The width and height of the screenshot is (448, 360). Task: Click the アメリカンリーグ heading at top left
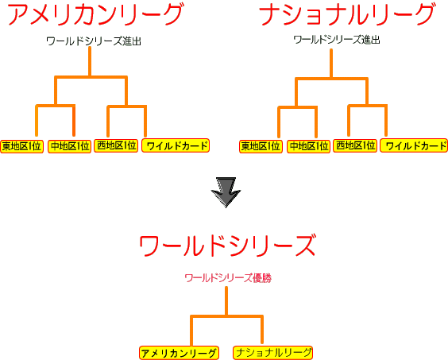point(95,14)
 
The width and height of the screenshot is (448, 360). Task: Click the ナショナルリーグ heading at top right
point(347,14)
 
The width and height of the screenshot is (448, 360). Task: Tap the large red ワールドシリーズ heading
point(228,246)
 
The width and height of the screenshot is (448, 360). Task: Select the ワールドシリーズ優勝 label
point(228,278)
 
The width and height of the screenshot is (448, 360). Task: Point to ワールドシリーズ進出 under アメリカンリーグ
point(94,41)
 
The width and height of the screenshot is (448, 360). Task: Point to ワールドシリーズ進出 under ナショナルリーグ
point(337,40)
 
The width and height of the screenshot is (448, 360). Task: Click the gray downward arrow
point(226,192)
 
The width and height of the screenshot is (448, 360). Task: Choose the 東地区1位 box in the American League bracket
point(21,146)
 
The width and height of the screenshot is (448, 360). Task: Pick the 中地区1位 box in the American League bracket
point(69,146)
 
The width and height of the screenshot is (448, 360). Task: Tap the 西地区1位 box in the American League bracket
point(116,145)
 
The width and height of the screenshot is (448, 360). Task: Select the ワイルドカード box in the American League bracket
point(176,145)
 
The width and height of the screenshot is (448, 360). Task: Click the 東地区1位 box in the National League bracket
point(261,146)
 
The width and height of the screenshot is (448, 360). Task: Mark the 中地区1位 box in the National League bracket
point(308,146)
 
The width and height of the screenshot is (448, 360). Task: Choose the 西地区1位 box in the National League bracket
point(355,145)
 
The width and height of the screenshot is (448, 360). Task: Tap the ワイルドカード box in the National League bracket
point(414,145)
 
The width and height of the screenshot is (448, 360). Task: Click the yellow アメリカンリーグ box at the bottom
point(180,353)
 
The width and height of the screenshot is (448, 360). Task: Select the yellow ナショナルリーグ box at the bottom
point(273,352)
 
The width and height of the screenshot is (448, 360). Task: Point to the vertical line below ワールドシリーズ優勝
point(226,301)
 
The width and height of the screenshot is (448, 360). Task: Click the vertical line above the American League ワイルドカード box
point(145,122)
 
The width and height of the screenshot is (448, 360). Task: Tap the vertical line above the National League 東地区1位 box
point(279,122)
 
